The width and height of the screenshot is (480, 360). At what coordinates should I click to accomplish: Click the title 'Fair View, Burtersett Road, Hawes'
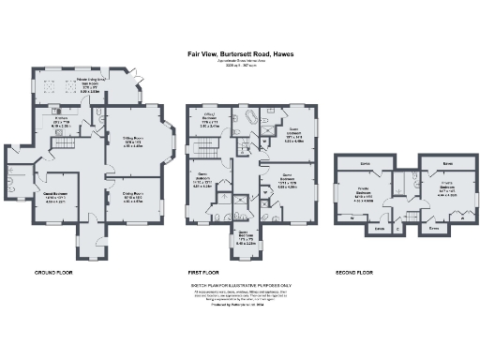click(239, 53)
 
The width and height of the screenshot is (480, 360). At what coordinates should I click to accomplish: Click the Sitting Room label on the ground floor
click(134, 143)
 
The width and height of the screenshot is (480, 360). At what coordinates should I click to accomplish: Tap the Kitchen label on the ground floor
click(62, 124)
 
